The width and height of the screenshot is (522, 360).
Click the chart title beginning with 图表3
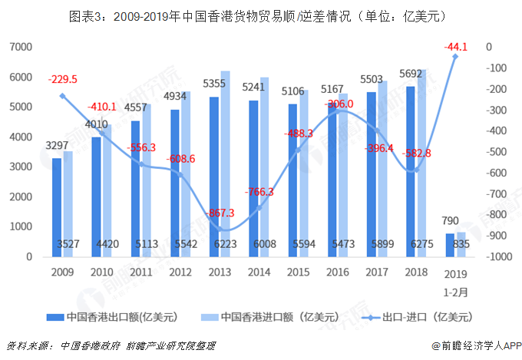click(x=261, y=15)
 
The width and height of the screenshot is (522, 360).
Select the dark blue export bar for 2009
click(x=57, y=207)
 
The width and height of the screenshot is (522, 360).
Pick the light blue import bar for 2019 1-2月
click(x=461, y=244)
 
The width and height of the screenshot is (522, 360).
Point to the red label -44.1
click(x=455, y=48)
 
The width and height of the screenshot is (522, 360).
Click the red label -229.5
click(x=62, y=79)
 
